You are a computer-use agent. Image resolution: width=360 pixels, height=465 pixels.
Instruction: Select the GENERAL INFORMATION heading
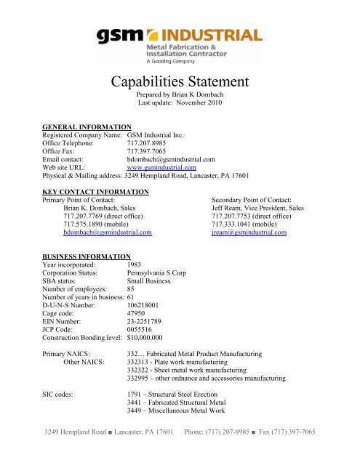coord(87,126)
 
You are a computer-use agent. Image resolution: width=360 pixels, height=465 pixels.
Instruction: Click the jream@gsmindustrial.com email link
coord(249,233)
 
